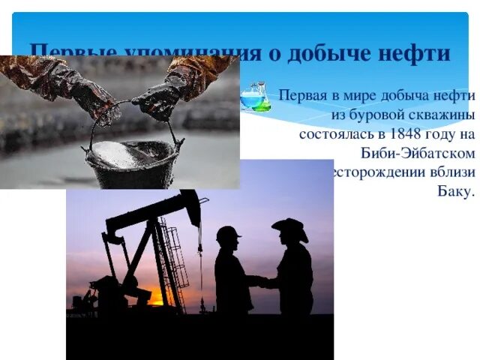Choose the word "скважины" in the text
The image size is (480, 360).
click(x=439, y=116)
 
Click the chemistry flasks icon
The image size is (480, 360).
click(x=255, y=97)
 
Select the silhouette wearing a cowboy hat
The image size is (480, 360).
click(x=292, y=270)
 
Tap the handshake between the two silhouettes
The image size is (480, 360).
click(x=258, y=281)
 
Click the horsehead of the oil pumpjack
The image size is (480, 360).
click(x=190, y=205)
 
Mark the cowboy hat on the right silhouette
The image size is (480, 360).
click(x=291, y=227)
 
